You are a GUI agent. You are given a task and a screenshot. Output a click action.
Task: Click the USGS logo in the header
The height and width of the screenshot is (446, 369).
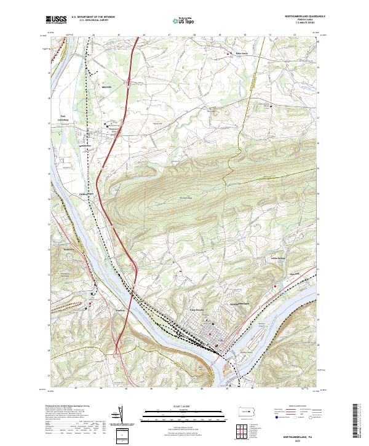tap(55, 20)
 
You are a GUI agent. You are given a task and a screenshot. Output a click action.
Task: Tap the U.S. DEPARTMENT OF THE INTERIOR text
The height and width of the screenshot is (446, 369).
tap(89, 17)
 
